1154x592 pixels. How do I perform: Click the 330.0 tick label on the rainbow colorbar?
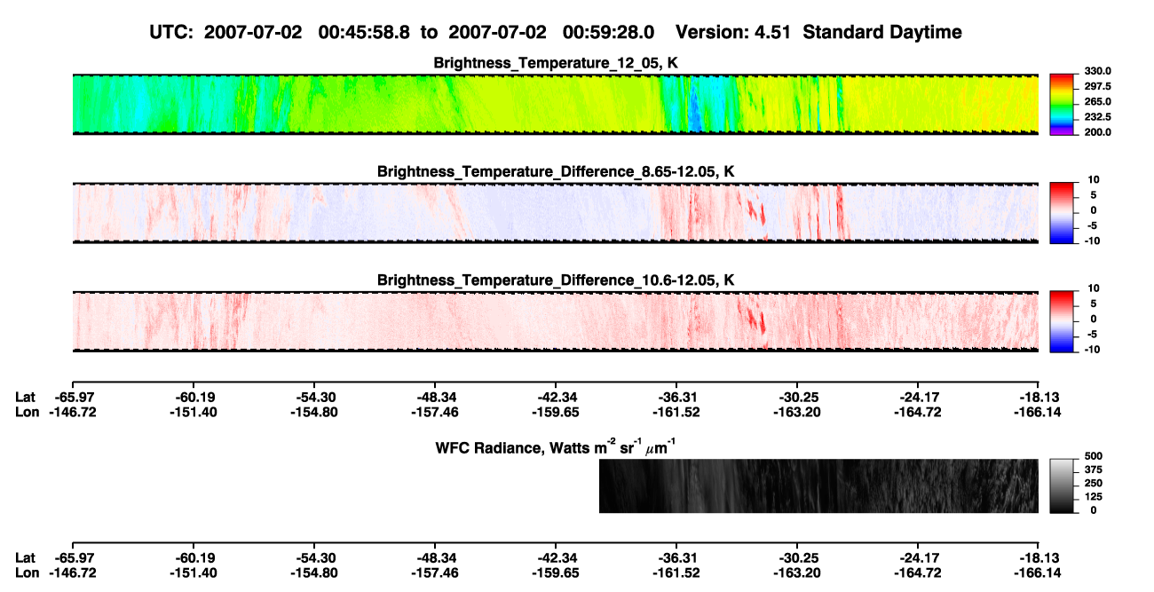pos(1097,71)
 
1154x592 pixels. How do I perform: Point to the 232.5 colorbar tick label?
pos(1097,117)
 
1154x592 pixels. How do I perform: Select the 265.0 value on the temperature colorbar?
pos(1097,101)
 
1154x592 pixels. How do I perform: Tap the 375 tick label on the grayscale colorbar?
pos(1094,470)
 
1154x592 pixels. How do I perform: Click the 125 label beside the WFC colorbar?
pos(1094,497)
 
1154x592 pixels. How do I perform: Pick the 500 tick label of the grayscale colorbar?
pos(1094,456)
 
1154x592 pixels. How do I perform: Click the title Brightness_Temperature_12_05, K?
pos(556,63)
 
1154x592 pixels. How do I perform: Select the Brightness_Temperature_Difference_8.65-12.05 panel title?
pos(556,171)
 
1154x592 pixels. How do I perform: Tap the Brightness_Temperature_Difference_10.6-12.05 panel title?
pos(556,280)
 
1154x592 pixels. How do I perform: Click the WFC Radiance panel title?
pos(556,446)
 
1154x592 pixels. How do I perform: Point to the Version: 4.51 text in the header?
pos(732,33)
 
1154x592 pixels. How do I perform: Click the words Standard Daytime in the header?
pos(882,33)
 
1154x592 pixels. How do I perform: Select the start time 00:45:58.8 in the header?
pos(364,33)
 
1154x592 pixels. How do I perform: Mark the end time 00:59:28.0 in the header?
pos(608,33)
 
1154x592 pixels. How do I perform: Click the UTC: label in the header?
pos(171,33)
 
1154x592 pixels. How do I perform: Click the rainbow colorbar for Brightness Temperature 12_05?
pos(1062,105)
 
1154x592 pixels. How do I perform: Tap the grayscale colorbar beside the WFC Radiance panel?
pos(1062,485)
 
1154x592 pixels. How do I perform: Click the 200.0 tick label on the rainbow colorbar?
pos(1097,132)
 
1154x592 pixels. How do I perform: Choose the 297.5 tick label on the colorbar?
pos(1097,87)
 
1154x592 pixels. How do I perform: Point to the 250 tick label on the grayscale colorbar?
pos(1094,484)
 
